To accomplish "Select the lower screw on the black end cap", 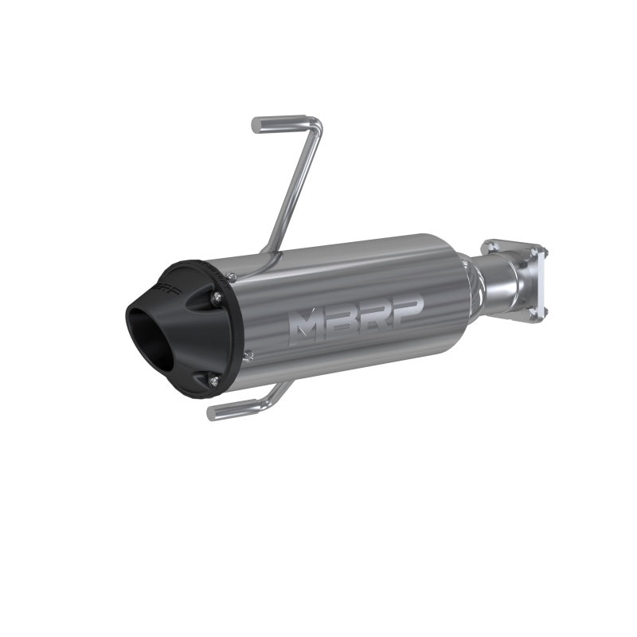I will pos(215,382).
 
